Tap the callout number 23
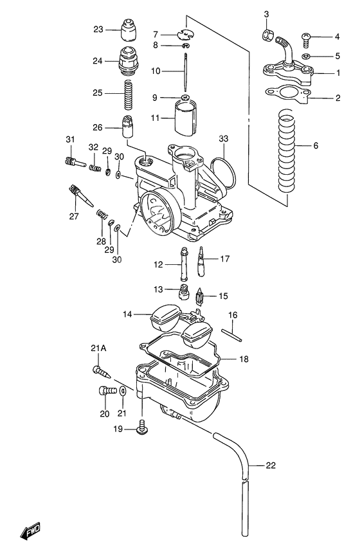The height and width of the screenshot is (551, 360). point(98,30)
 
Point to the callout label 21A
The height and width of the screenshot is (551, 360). point(98,348)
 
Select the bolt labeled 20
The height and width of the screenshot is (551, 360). point(104,390)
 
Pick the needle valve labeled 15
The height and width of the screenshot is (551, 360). point(199,297)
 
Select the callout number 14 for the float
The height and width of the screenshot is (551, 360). point(129,314)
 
